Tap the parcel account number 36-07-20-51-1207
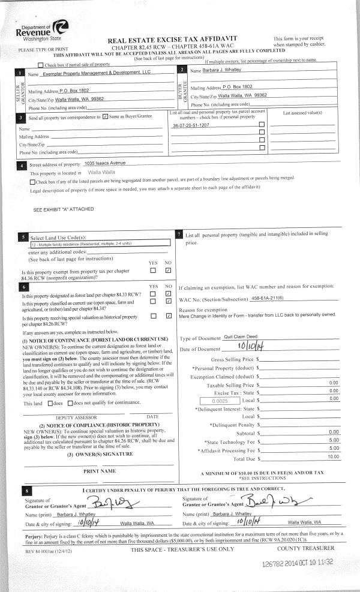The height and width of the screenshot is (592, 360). click(x=191, y=125)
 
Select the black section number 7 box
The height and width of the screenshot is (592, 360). click(x=179, y=233)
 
